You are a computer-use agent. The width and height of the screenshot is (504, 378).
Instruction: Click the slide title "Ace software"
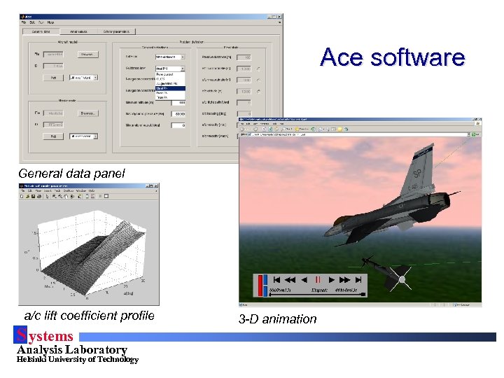point(392,57)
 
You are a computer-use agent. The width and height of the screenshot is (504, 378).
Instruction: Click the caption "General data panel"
point(71,173)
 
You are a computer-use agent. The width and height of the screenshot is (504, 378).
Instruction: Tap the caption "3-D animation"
point(277,319)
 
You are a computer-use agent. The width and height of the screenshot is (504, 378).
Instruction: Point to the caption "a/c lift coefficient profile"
point(89,316)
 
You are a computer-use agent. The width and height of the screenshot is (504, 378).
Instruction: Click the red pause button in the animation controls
point(318,279)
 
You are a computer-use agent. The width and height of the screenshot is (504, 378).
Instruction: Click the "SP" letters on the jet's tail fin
point(416,172)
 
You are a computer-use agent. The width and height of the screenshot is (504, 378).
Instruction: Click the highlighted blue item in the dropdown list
point(170,88)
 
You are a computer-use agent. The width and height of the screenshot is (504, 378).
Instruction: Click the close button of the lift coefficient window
point(155,185)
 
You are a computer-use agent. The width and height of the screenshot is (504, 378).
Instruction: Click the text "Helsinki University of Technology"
point(77,360)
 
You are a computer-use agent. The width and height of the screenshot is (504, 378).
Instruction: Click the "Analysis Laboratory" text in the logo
point(71,349)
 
